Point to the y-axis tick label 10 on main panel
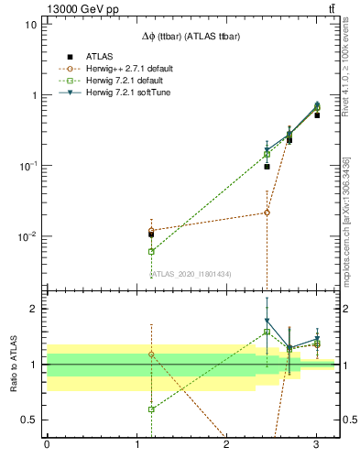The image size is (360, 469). (x=31, y=25)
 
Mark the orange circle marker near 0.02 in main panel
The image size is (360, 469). (x=267, y=213)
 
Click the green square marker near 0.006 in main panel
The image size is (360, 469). (x=151, y=251)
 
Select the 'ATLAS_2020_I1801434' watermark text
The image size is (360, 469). (x=191, y=273)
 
